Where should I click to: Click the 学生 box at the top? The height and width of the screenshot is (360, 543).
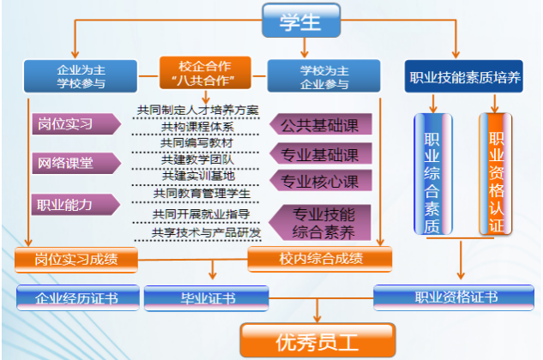point(301,21)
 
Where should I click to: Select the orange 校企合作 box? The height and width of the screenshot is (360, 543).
point(205,73)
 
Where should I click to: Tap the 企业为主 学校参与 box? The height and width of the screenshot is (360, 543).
point(81,76)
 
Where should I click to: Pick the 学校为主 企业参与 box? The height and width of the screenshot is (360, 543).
point(323,76)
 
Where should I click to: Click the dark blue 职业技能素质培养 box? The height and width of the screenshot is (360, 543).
point(464,76)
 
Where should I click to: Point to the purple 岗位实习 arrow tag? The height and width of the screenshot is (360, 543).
point(76,123)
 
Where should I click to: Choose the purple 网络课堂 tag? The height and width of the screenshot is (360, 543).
point(76,163)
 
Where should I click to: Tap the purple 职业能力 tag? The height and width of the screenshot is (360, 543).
point(75,205)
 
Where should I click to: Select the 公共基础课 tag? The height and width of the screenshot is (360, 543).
point(321,124)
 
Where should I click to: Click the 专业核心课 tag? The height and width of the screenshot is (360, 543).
point(321,180)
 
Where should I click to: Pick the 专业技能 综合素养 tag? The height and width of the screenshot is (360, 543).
point(320,223)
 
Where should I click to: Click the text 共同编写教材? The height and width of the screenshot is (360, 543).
point(196,142)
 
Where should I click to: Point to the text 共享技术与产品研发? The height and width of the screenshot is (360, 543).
point(207,232)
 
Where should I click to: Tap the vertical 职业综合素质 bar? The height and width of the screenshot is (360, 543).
point(433,174)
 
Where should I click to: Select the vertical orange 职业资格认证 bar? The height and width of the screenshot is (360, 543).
point(496,174)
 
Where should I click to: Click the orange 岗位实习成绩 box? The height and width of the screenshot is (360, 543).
point(76,260)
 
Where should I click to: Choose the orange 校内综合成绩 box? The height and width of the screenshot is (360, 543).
point(320,259)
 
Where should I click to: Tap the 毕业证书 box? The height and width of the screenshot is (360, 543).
point(207,298)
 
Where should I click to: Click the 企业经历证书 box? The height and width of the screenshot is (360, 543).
point(78,297)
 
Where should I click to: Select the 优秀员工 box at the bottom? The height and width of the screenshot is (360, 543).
point(317,340)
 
